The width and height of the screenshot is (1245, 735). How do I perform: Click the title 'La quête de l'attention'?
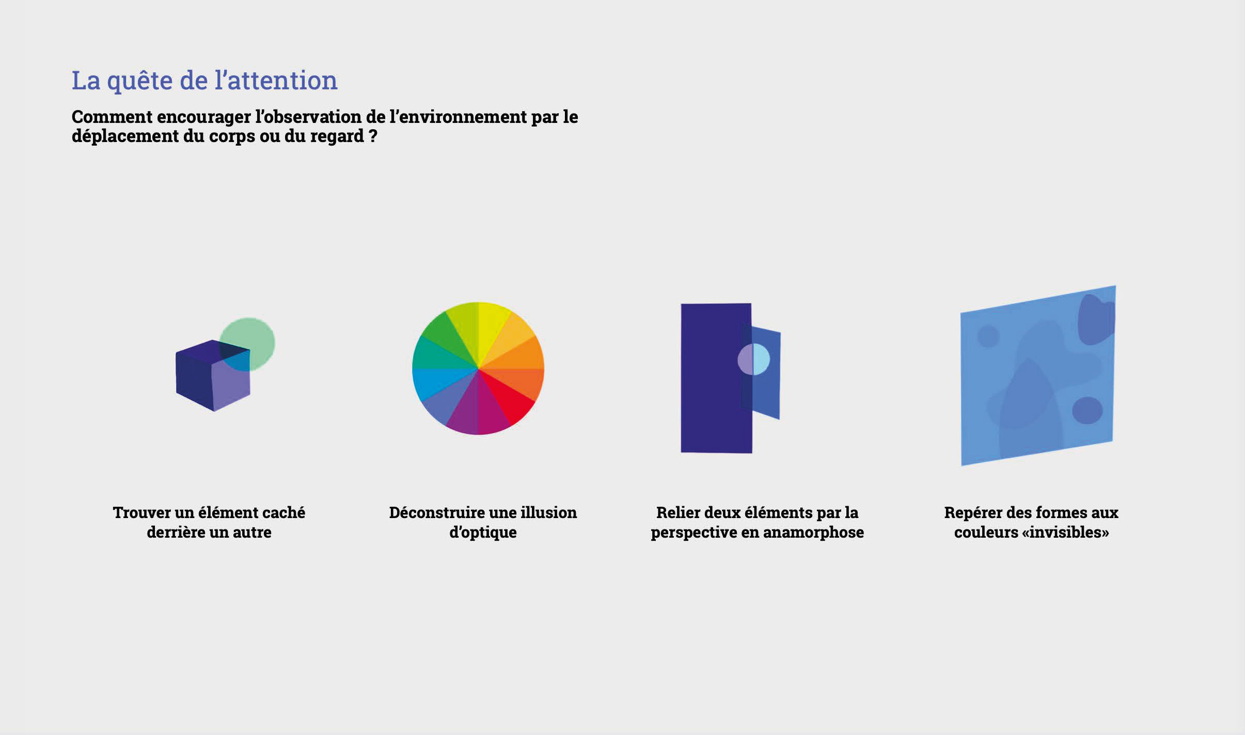tap(204, 81)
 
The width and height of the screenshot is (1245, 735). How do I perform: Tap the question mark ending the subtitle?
tap(373, 136)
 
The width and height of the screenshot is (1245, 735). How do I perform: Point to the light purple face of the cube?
tap(231, 382)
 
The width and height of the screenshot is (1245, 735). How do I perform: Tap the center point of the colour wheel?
tap(478, 368)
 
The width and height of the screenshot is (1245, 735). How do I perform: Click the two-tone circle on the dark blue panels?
tap(753, 359)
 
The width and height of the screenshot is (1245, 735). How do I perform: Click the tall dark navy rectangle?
tap(716, 378)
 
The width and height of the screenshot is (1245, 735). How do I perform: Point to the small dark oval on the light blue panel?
tap(1087, 411)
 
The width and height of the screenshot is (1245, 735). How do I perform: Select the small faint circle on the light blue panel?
tap(988, 336)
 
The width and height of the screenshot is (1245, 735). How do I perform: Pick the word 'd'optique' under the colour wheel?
tap(483, 533)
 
